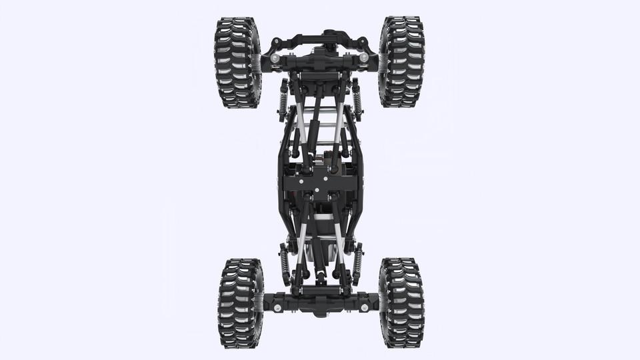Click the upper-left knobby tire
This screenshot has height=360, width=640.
[237, 62]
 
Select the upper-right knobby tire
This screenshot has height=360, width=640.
[401, 61]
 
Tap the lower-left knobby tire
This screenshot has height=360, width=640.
[240, 303]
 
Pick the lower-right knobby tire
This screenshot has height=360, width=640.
[401, 303]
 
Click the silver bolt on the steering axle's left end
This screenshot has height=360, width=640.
[275, 59]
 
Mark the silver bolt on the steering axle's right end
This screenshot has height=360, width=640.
[364, 58]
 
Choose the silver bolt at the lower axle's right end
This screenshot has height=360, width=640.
[364, 307]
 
